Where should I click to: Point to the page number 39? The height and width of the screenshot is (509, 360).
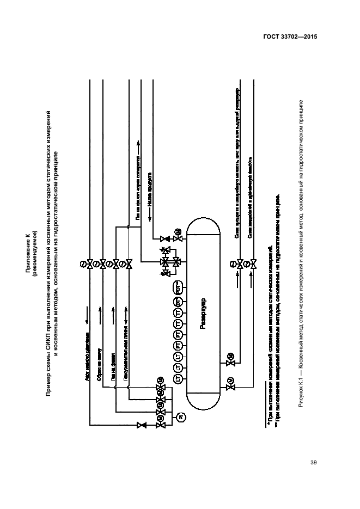(x=313, y=463)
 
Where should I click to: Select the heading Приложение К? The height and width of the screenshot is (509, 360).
(x=26, y=247)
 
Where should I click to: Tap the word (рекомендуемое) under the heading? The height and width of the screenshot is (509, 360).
(x=34, y=247)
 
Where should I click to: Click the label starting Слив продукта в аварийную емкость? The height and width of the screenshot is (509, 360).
(x=236, y=163)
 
